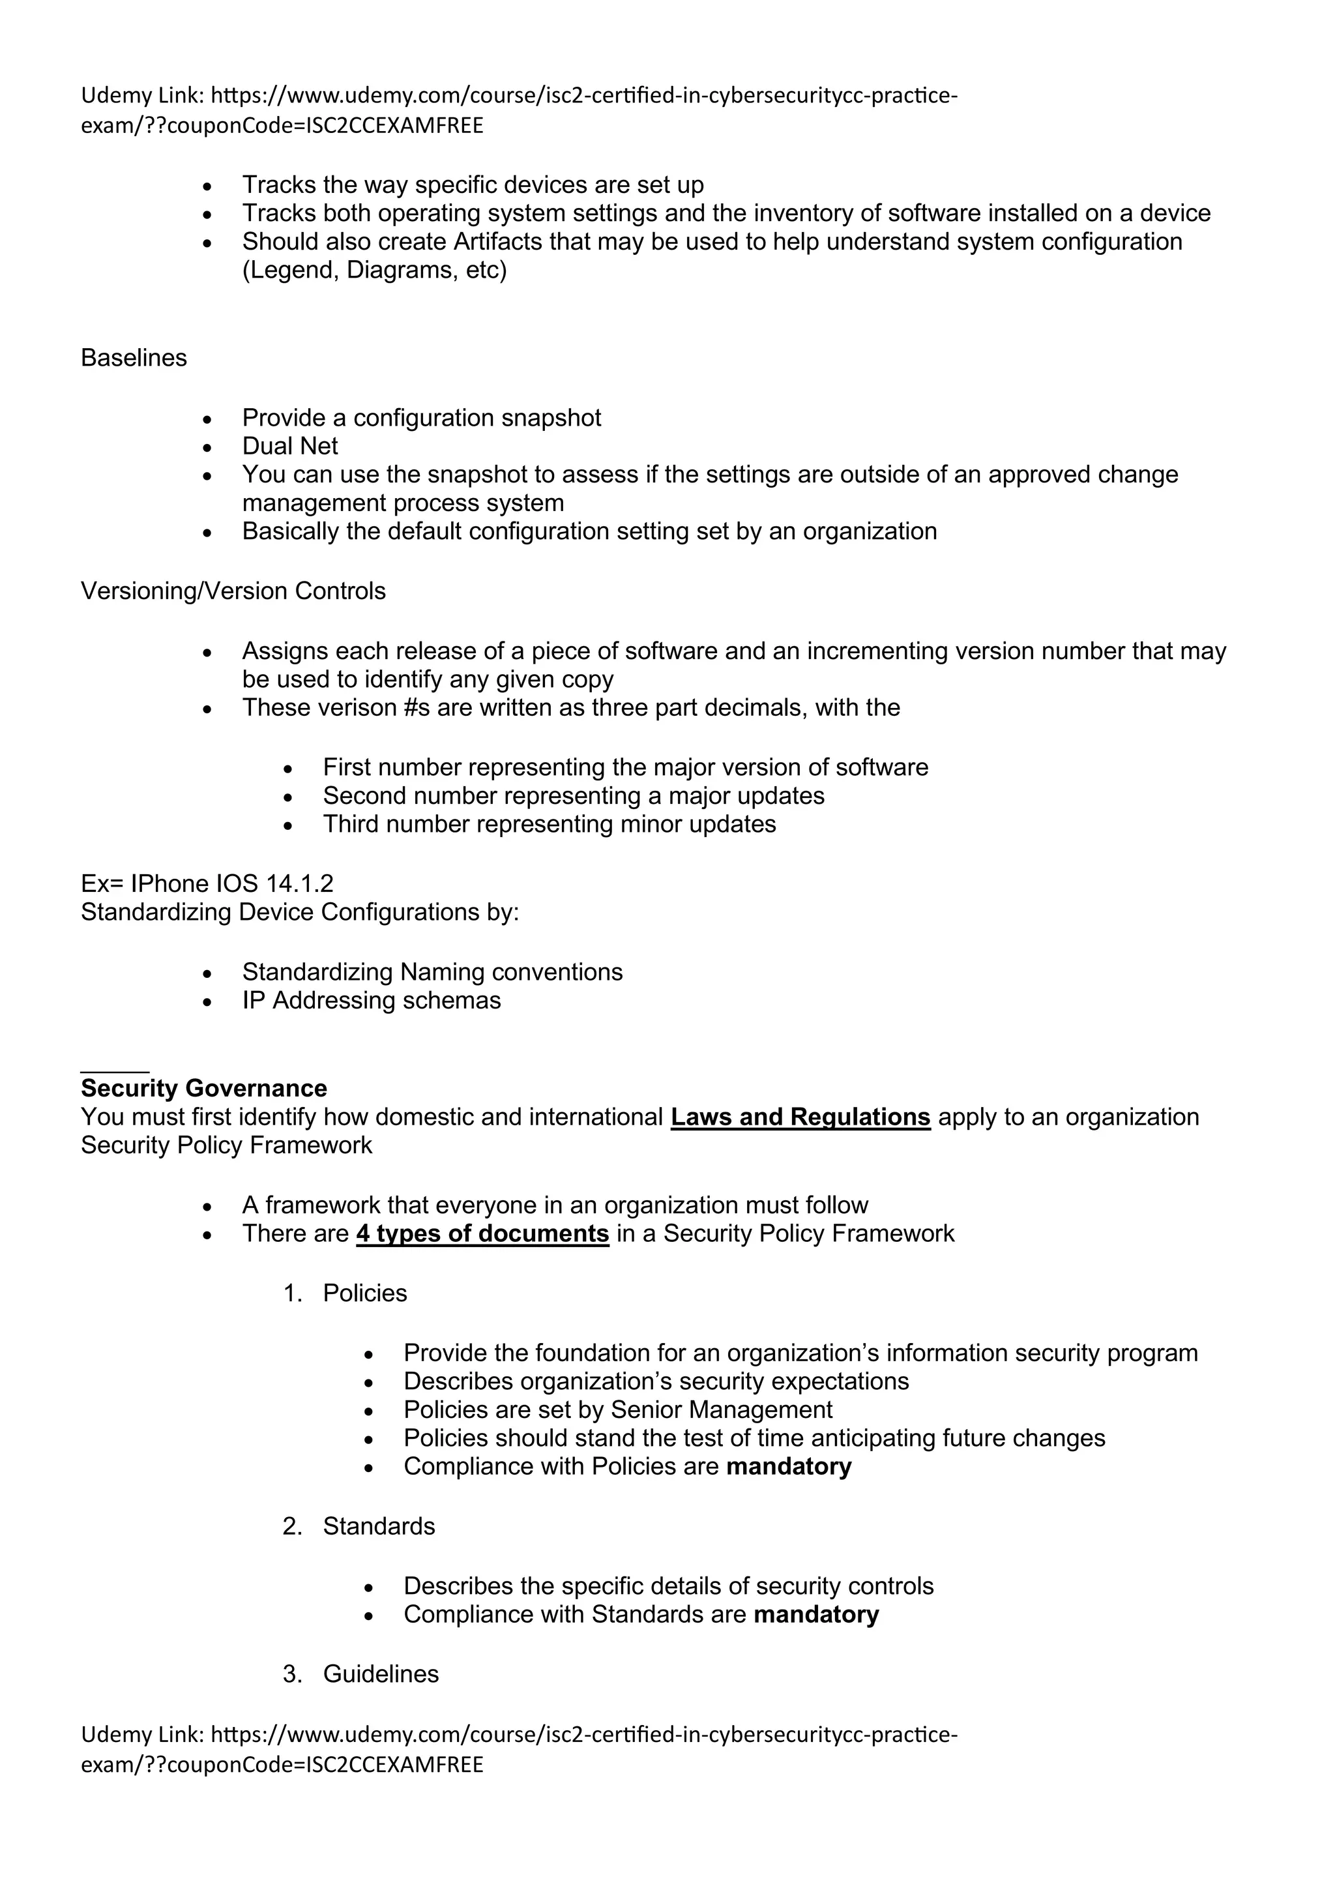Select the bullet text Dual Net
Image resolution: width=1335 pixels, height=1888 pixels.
289,446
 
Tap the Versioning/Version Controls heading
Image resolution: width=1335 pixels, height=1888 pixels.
233,591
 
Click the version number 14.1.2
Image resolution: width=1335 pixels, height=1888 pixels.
299,883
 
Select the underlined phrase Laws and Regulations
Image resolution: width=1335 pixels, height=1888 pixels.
800,1117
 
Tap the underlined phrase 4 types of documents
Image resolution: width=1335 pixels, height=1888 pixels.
482,1233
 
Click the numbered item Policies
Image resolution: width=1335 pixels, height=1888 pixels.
364,1293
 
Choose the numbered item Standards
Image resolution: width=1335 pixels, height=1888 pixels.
378,1526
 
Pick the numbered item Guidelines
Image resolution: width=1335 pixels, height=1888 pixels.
381,1674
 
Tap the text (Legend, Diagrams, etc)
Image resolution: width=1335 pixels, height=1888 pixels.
374,270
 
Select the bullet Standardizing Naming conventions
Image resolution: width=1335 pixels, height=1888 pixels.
432,972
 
